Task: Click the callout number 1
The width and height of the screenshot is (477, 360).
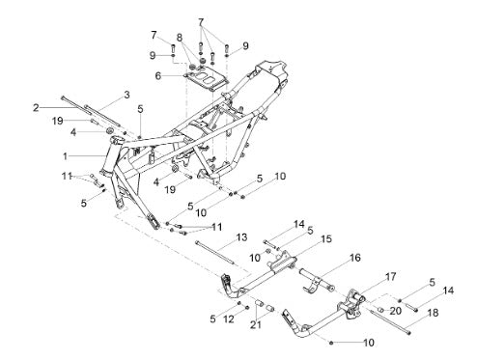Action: (66, 156)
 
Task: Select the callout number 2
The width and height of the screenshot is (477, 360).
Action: (36, 107)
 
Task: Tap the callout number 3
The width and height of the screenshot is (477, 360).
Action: (126, 95)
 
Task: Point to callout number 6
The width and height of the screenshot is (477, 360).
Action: (157, 76)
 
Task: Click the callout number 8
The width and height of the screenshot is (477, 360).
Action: (180, 38)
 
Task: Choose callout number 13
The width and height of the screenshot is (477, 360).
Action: (241, 237)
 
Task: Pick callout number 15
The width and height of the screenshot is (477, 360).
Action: (326, 239)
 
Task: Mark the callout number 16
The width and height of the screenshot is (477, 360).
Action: (355, 258)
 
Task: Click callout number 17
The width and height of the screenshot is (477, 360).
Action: (391, 276)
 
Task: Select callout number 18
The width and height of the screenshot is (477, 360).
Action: (434, 313)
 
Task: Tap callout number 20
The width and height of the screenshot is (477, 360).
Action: (395, 311)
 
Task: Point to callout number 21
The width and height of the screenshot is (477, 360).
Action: (256, 325)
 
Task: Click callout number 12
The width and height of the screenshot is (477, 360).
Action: (229, 319)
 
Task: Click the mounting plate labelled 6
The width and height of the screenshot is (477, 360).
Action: (206, 81)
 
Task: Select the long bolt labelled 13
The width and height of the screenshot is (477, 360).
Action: (215, 253)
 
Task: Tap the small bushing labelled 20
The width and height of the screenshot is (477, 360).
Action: (380, 310)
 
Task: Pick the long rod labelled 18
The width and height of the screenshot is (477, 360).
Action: (390, 321)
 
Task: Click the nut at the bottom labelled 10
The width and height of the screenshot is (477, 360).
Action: (331, 344)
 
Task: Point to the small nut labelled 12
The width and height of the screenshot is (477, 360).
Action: (247, 308)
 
